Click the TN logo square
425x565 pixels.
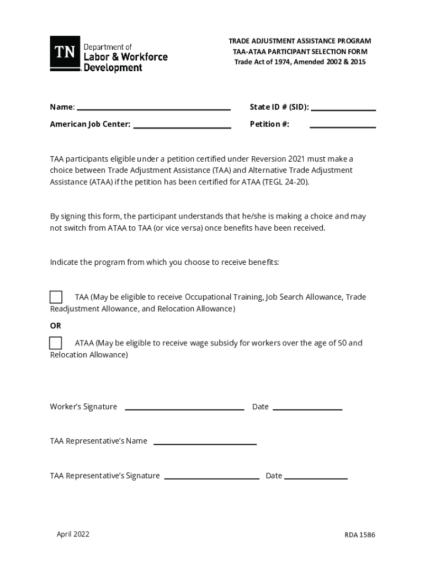point(65,53)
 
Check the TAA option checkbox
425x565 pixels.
point(56,297)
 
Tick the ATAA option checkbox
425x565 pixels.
point(56,343)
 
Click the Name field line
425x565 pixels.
point(153,109)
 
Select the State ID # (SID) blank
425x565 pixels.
point(343,109)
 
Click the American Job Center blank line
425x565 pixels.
point(182,127)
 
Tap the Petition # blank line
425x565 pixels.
point(343,127)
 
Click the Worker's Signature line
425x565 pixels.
point(184,409)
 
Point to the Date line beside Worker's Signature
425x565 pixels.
point(307,409)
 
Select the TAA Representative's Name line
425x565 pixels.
point(205,443)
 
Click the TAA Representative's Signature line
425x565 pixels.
point(211,478)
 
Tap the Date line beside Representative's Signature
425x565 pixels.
point(316,478)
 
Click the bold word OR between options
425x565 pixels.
point(56,326)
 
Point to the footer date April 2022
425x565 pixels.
point(73,534)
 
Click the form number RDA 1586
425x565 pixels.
point(360,535)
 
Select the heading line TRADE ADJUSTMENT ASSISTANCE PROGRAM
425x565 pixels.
point(300,41)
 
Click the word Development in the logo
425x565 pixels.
point(113,68)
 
